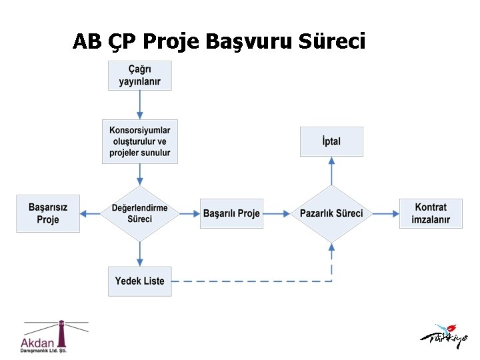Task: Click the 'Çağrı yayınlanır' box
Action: click(139, 75)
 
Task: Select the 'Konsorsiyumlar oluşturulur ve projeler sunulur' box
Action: click(140, 141)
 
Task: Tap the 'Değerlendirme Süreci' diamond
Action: click(140, 213)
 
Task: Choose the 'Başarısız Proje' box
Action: click(48, 213)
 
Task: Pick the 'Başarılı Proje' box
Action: click(231, 213)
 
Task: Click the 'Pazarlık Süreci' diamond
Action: click(331, 213)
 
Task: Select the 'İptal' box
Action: click(331, 141)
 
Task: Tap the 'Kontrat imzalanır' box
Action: click(431, 213)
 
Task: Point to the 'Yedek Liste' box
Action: click(139, 281)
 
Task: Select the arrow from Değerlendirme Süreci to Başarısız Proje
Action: click(91, 213)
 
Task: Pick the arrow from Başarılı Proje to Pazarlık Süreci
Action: click(277, 213)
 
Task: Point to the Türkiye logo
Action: click(443, 336)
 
